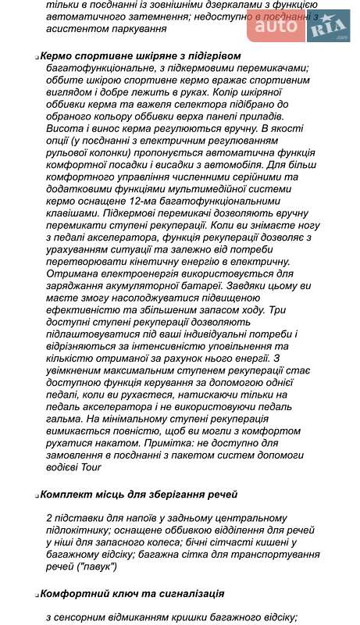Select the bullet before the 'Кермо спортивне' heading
pyautogui.click(x=37, y=57)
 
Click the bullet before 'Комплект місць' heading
pyautogui.click(x=37, y=495)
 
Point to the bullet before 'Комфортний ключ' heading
pyautogui.click(x=37, y=595)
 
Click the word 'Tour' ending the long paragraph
pyautogui.click(x=89, y=467)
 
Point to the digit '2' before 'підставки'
pyautogui.click(x=49, y=517)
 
